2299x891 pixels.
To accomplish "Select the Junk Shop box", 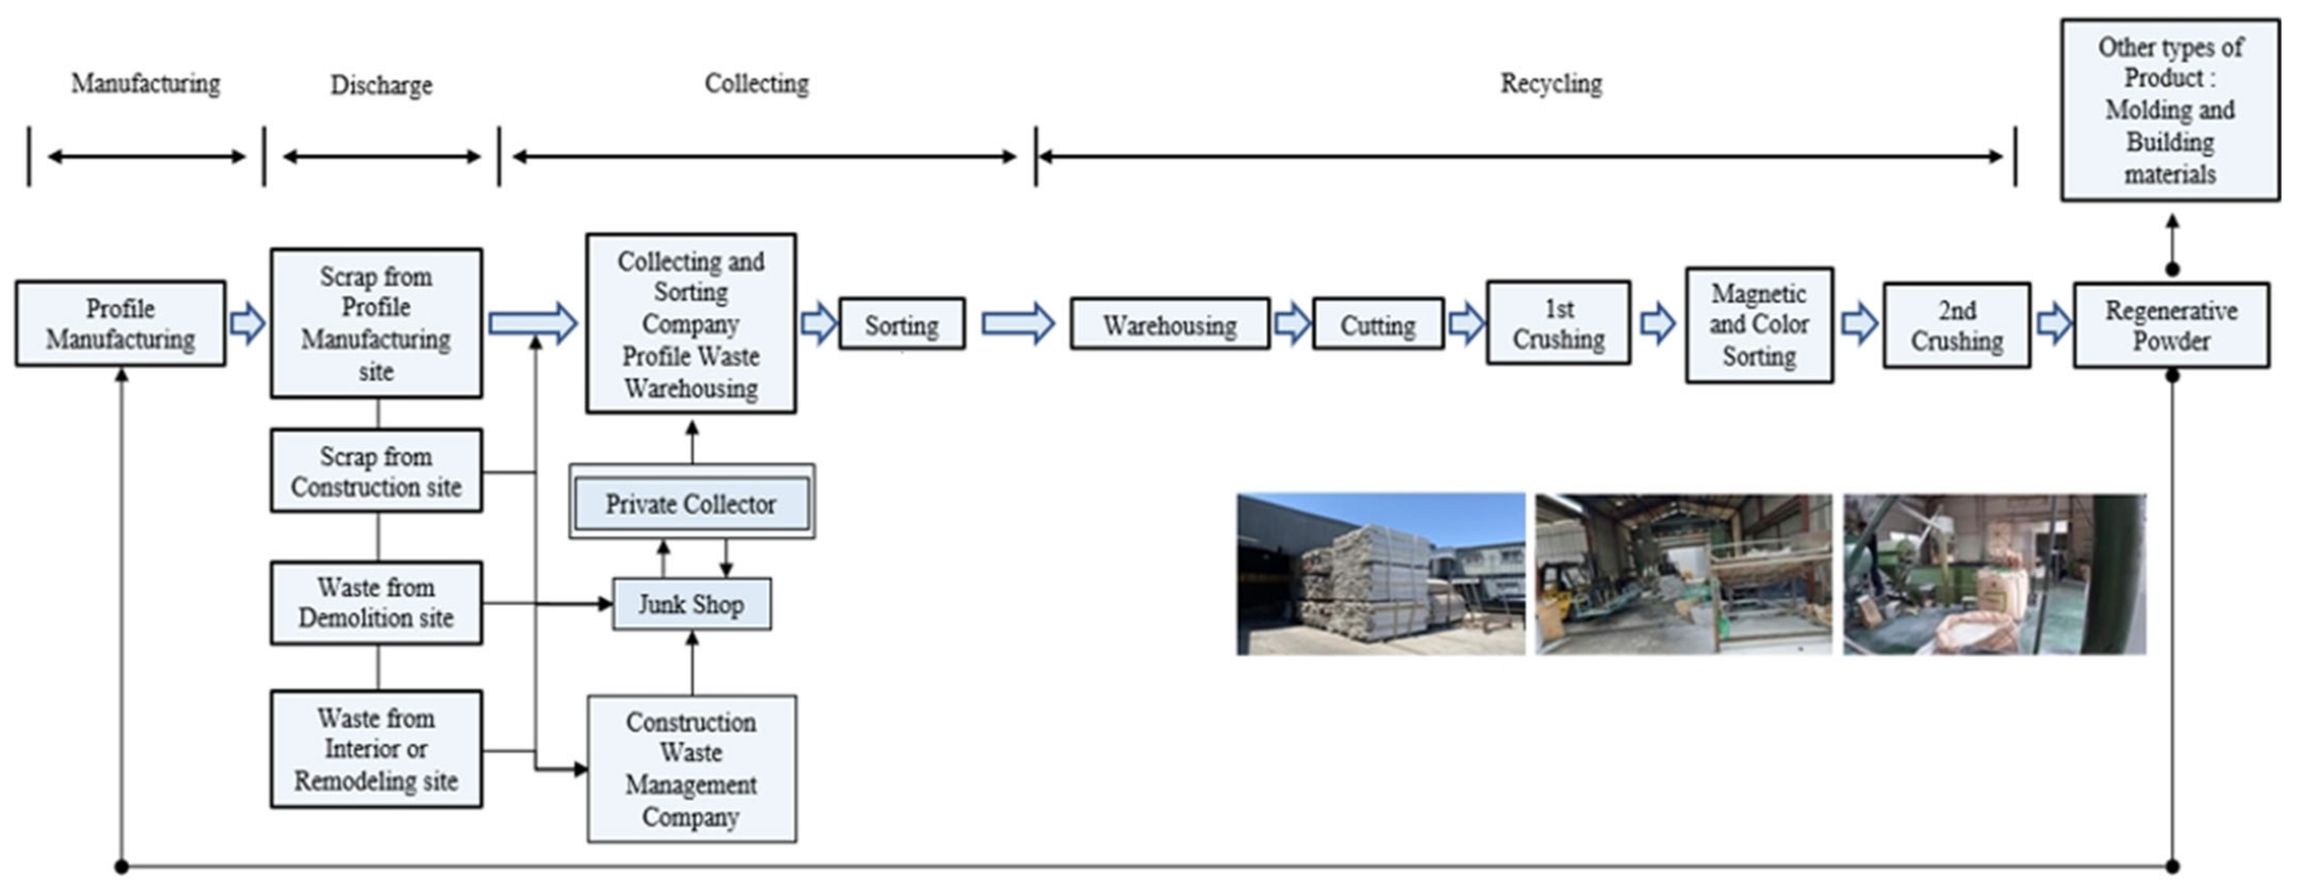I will pyautogui.click(x=692, y=604).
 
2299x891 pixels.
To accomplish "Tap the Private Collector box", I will pyautogui.click(x=692, y=503).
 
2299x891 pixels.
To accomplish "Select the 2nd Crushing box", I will pyautogui.click(x=1956, y=326).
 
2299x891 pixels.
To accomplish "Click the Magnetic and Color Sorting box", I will pyautogui.click(x=1759, y=325).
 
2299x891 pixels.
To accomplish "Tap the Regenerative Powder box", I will pyautogui.click(x=2170, y=326).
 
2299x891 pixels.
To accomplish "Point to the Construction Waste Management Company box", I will pyautogui.click(x=692, y=768).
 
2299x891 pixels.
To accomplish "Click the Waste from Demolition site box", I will pyautogui.click(x=376, y=603).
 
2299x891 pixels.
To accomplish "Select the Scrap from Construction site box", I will pyautogui.click(x=376, y=471).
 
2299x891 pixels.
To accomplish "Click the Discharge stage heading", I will pyautogui.click(x=381, y=85).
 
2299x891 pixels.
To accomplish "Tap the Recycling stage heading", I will pyautogui.click(x=1551, y=83).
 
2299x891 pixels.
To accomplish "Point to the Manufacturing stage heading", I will pyautogui.click(x=145, y=83).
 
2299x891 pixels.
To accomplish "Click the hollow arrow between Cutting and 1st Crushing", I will pyautogui.click(x=1465, y=323).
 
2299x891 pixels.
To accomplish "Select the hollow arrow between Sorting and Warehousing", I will pyautogui.click(x=1018, y=323).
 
